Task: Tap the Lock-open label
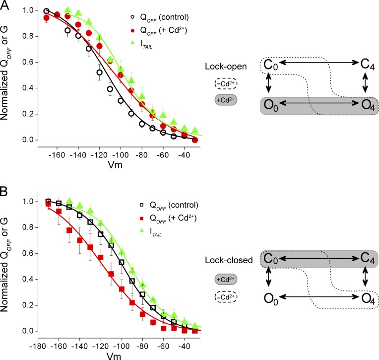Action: point(223,67)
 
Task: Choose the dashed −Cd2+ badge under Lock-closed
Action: point(225,297)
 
